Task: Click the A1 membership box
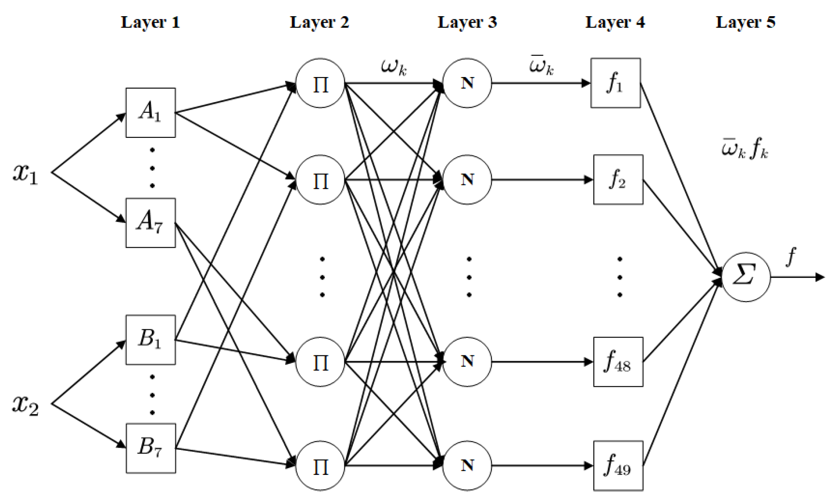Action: pyautogui.click(x=150, y=112)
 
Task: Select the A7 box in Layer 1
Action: pyautogui.click(x=150, y=223)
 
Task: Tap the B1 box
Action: pyautogui.click(x=150, y=340)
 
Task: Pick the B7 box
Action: pyautogui.click(x=150, y=448)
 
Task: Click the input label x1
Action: pyautogui.click(x=26, y=173)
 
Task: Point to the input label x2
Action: pyautogui.click(x=26, y=404)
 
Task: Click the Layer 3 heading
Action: pyautogui.click(x=467, y=22)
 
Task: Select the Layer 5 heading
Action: pyautogui.click(x=745, y=22)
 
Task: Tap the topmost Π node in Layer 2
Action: pyautogui.click(x=320, y=83)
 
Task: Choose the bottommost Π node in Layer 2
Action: pyautogui.click(x=320, y=466)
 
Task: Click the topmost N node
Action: pyautogui.click(x=467, y=83)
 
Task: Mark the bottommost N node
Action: pyautogui.click(x=467, y=466)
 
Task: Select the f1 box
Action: pyautogui.click(x=615, y=83)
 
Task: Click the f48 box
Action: pyautogui.click(x=618, y=362)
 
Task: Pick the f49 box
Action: pyautogui.click(x=618, y=466)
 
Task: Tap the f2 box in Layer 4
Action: pyautogui.click(x=618, y=180)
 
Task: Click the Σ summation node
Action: pyautogui.click(x=746, y=277)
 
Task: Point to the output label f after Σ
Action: pyautogui.click(x=791, y=256)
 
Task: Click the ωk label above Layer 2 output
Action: pyautogui.click(x=394, y=67)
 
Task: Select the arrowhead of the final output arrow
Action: pyautogui.click(x=820, y=277)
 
